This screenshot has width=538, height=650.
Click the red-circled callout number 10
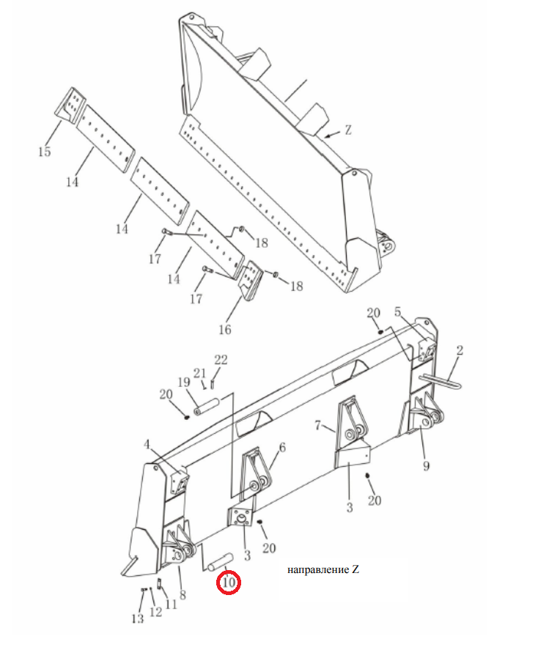tap(229, 583)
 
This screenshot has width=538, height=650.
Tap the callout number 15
tap(45, 152)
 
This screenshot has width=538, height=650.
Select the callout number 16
tap(224, 330)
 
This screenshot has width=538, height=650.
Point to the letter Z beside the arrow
tap(347, 130)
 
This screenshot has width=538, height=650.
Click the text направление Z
tap(323, 569)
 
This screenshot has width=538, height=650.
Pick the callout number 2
tap(460, 350)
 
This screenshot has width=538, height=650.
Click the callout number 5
tap(398, 311)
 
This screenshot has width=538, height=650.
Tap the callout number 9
tap(426, 466)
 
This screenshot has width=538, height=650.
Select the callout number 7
tap(318, 425)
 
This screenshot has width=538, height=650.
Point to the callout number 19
tap(184, 383)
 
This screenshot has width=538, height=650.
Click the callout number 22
tap(221, 360)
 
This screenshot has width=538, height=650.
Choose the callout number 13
tap(138, 619)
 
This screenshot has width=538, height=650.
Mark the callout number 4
tap(147, 445)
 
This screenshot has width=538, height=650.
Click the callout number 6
tap(282, 447)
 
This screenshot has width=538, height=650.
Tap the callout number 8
tap(183, 595)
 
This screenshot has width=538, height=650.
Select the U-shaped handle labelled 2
tap(441, 380)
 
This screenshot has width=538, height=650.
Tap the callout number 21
tap(200, 374)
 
